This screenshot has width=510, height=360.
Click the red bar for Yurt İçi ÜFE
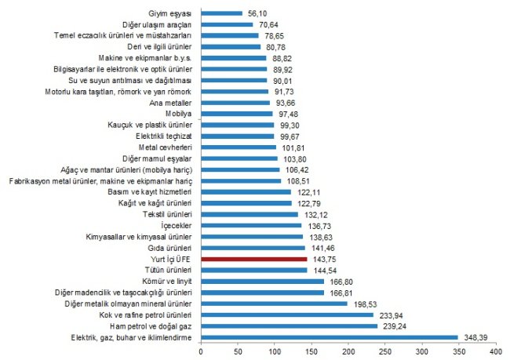pos(254,258)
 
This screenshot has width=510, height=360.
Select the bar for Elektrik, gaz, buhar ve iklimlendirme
pos(330,337)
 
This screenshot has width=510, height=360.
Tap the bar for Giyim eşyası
pos(222,13)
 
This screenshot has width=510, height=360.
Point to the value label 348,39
pos(479,337)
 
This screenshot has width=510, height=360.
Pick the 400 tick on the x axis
pos(496,352)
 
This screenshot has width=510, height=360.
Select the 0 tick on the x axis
pos(202,352)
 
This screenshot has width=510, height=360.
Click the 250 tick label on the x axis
pos(385,352)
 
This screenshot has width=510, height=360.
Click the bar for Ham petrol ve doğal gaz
pos(290,325)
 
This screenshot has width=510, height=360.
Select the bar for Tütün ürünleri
pos(254,269)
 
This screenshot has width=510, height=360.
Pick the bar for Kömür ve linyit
pos(263,281)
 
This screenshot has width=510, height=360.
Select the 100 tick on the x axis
pos(275,352)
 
